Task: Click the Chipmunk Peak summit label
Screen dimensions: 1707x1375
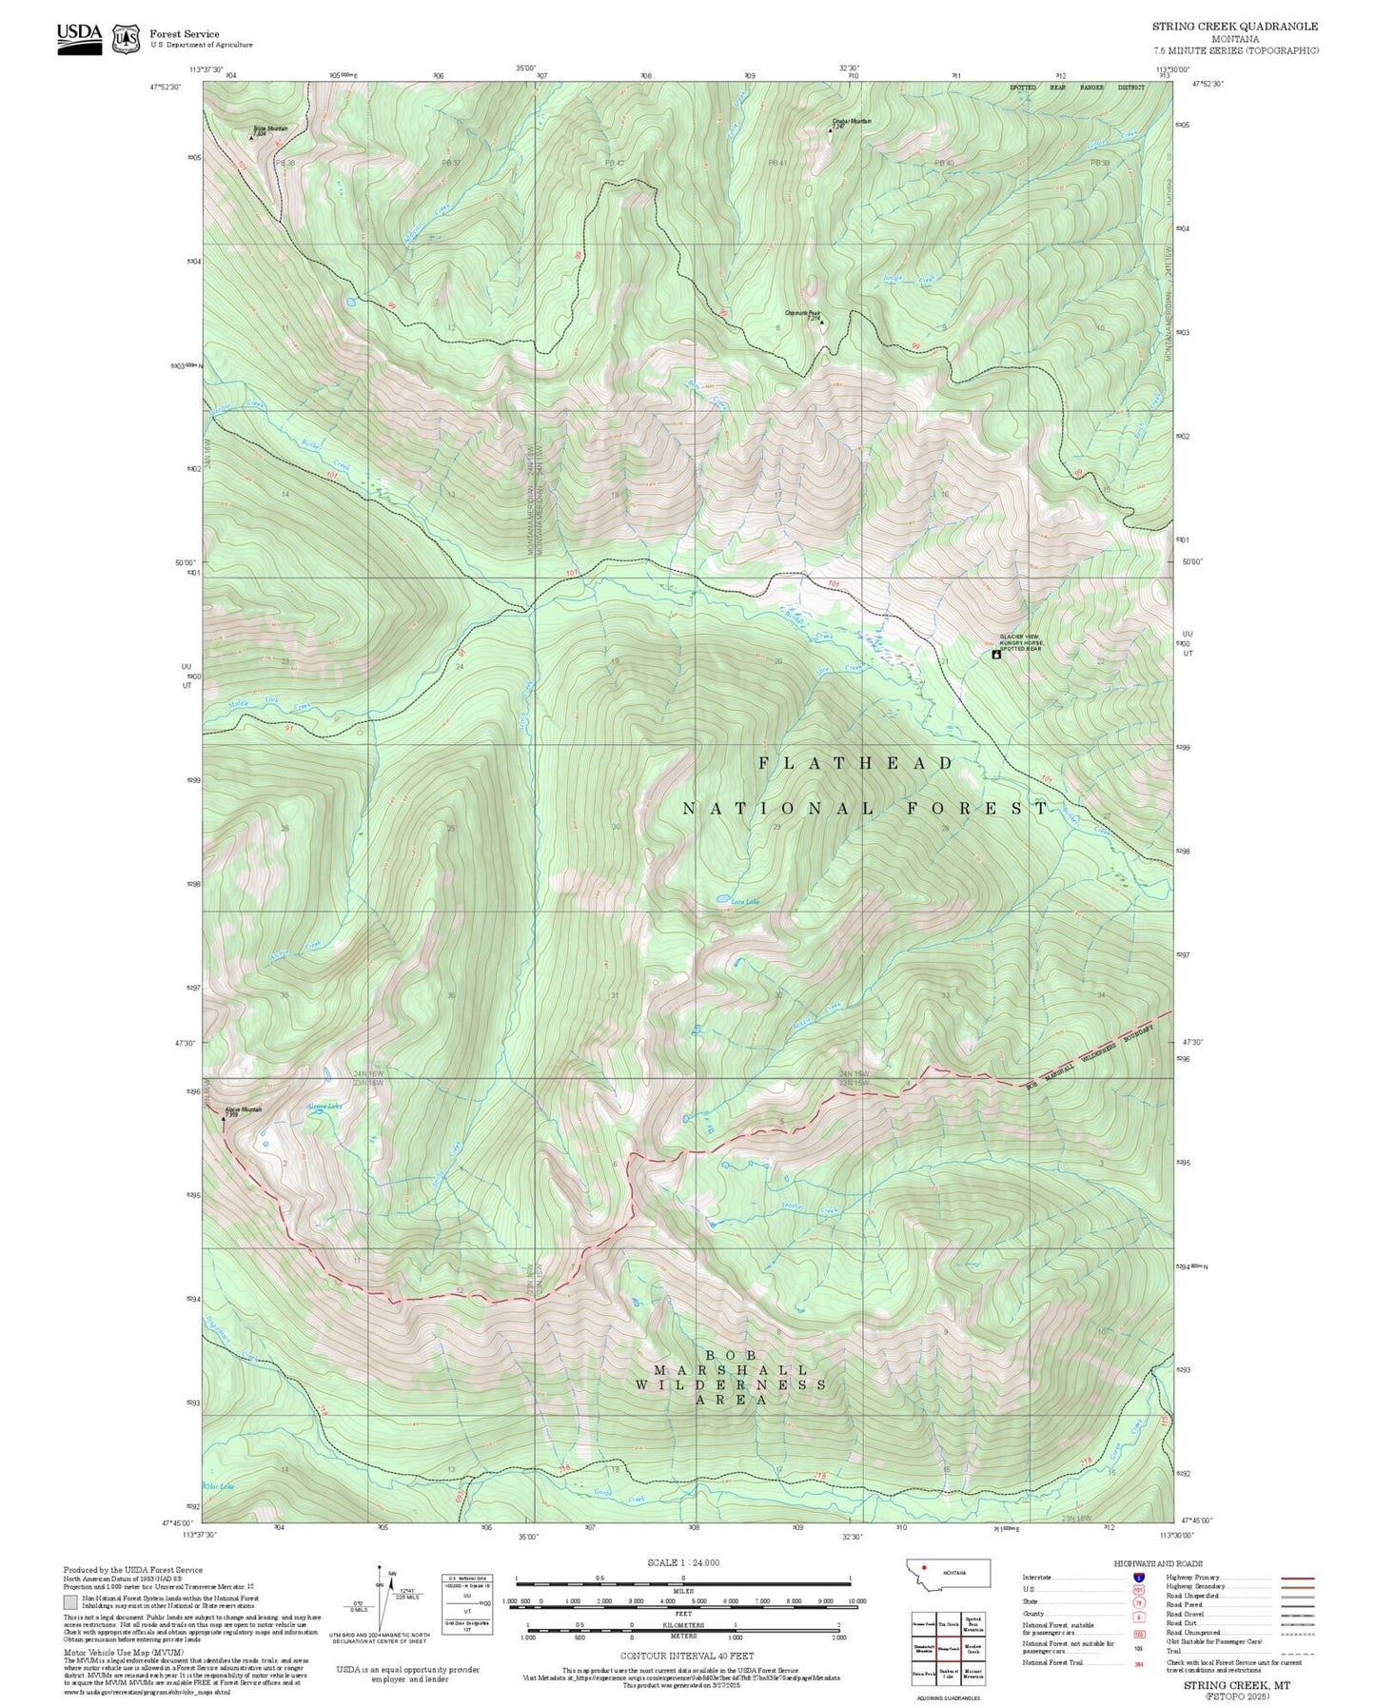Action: coord(802,313)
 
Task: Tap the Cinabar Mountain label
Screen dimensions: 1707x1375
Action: coord(851,122)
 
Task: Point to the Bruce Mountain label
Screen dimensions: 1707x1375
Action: coord(270,129)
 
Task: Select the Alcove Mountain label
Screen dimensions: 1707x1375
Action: coord(243,1109)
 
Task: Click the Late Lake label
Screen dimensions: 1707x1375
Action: coord(745,902)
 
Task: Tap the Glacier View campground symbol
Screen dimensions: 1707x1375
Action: coord(996,655)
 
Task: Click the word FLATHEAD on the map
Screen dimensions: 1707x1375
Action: coord(855,763)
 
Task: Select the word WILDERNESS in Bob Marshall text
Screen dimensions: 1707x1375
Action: coord(730,1384)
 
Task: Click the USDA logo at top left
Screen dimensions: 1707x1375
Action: coord(79,38)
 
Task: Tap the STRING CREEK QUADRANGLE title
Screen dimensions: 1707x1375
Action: coord(1235,27)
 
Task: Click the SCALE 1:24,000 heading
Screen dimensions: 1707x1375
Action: coord(683,1562)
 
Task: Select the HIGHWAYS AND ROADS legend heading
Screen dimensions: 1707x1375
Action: coord(1158,1563)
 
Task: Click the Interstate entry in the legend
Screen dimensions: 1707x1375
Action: coord(1038,1578)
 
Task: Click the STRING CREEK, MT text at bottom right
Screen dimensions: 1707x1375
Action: coord(1236,1685)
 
